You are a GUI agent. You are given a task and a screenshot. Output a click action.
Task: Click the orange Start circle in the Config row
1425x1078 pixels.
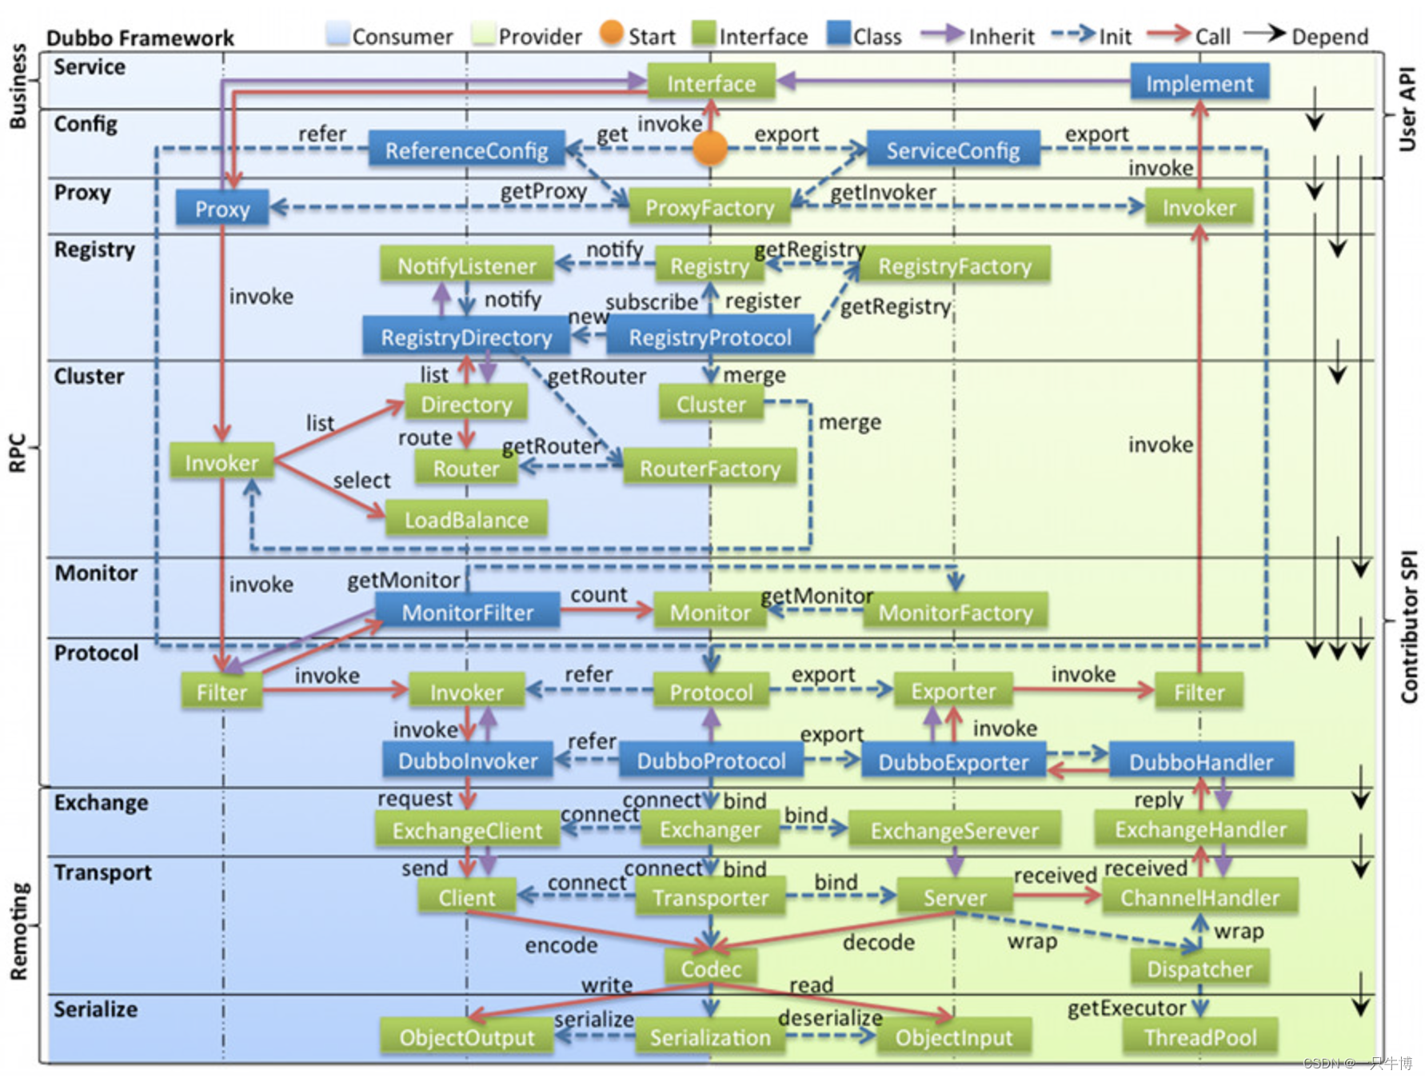(710, 148)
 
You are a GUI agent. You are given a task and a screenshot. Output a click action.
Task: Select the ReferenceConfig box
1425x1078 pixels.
(467, 150)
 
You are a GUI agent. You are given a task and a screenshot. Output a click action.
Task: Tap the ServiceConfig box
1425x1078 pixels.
(953, 150)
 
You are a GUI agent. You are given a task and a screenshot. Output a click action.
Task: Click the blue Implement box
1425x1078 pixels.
(1199, 83)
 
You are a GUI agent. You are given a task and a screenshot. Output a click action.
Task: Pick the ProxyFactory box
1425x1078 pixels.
(710, 207)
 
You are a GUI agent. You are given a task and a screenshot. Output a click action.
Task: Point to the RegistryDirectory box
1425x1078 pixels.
(466, 337)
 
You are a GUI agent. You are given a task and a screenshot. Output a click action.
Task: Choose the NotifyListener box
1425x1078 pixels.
(467, 266)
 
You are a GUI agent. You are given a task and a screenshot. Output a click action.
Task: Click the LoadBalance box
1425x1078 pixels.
(466, 520)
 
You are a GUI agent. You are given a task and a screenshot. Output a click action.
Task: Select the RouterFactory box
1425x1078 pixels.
(710, 468)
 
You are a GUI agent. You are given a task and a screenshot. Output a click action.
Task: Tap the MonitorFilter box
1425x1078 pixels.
(468, 612)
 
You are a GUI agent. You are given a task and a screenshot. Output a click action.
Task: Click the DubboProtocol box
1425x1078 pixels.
(711, 761)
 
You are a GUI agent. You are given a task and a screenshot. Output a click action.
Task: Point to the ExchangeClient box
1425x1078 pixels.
(467, 830)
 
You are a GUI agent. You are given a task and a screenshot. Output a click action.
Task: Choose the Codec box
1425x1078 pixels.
(711, 968)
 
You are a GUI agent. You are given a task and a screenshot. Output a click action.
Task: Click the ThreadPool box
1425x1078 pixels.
(1200, 1037)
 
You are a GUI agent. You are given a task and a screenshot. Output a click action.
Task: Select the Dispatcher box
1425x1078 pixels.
(1199, 968)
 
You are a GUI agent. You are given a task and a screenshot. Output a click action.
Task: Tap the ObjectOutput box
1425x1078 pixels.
(467, 1037)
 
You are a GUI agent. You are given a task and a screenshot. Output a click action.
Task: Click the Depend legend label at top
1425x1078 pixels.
(1330, 37)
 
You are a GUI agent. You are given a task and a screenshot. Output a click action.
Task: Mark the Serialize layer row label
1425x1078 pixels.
(95, 1009)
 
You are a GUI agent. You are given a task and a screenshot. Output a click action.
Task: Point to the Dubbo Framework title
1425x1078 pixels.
(140, 38)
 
